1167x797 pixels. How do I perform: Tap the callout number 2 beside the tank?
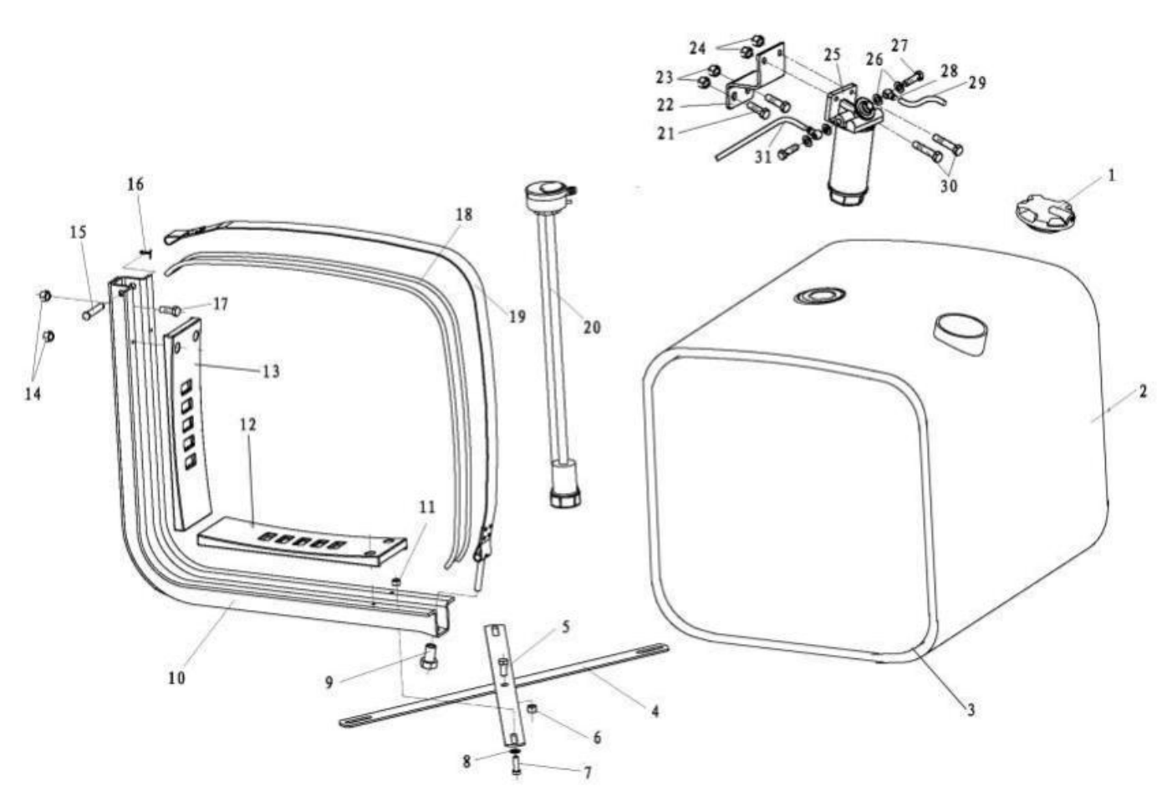pyautogui.click(x=1143, y=392)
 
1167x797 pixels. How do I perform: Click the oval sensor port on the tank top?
pyautogui.click(x=819, y=295)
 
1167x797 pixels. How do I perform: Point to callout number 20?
pyautogui.click(x=592, y=327)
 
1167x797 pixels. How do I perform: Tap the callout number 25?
pyautogui.click(x=831, y=55)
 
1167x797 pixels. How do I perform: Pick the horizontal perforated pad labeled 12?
pyautogui.click(x=301, y=542)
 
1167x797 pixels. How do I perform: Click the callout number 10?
pyautogui.click(x=176, y=678)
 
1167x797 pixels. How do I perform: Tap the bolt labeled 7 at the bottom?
pyautogui.click(x=516, y=764)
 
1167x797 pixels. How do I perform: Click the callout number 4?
pyautogui.click(x=655, y=711)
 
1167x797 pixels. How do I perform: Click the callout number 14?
pyautogui.click(x=33, y=393)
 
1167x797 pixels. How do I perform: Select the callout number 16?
pyautogui.click(x=135, y=184)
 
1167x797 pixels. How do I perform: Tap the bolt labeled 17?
pyautogui.click(x=171, y=310)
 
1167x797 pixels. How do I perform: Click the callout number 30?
pyautogui.click(x=948, y=186)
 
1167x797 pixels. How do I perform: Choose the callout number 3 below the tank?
pyautogui.click(x=971, y=710)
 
